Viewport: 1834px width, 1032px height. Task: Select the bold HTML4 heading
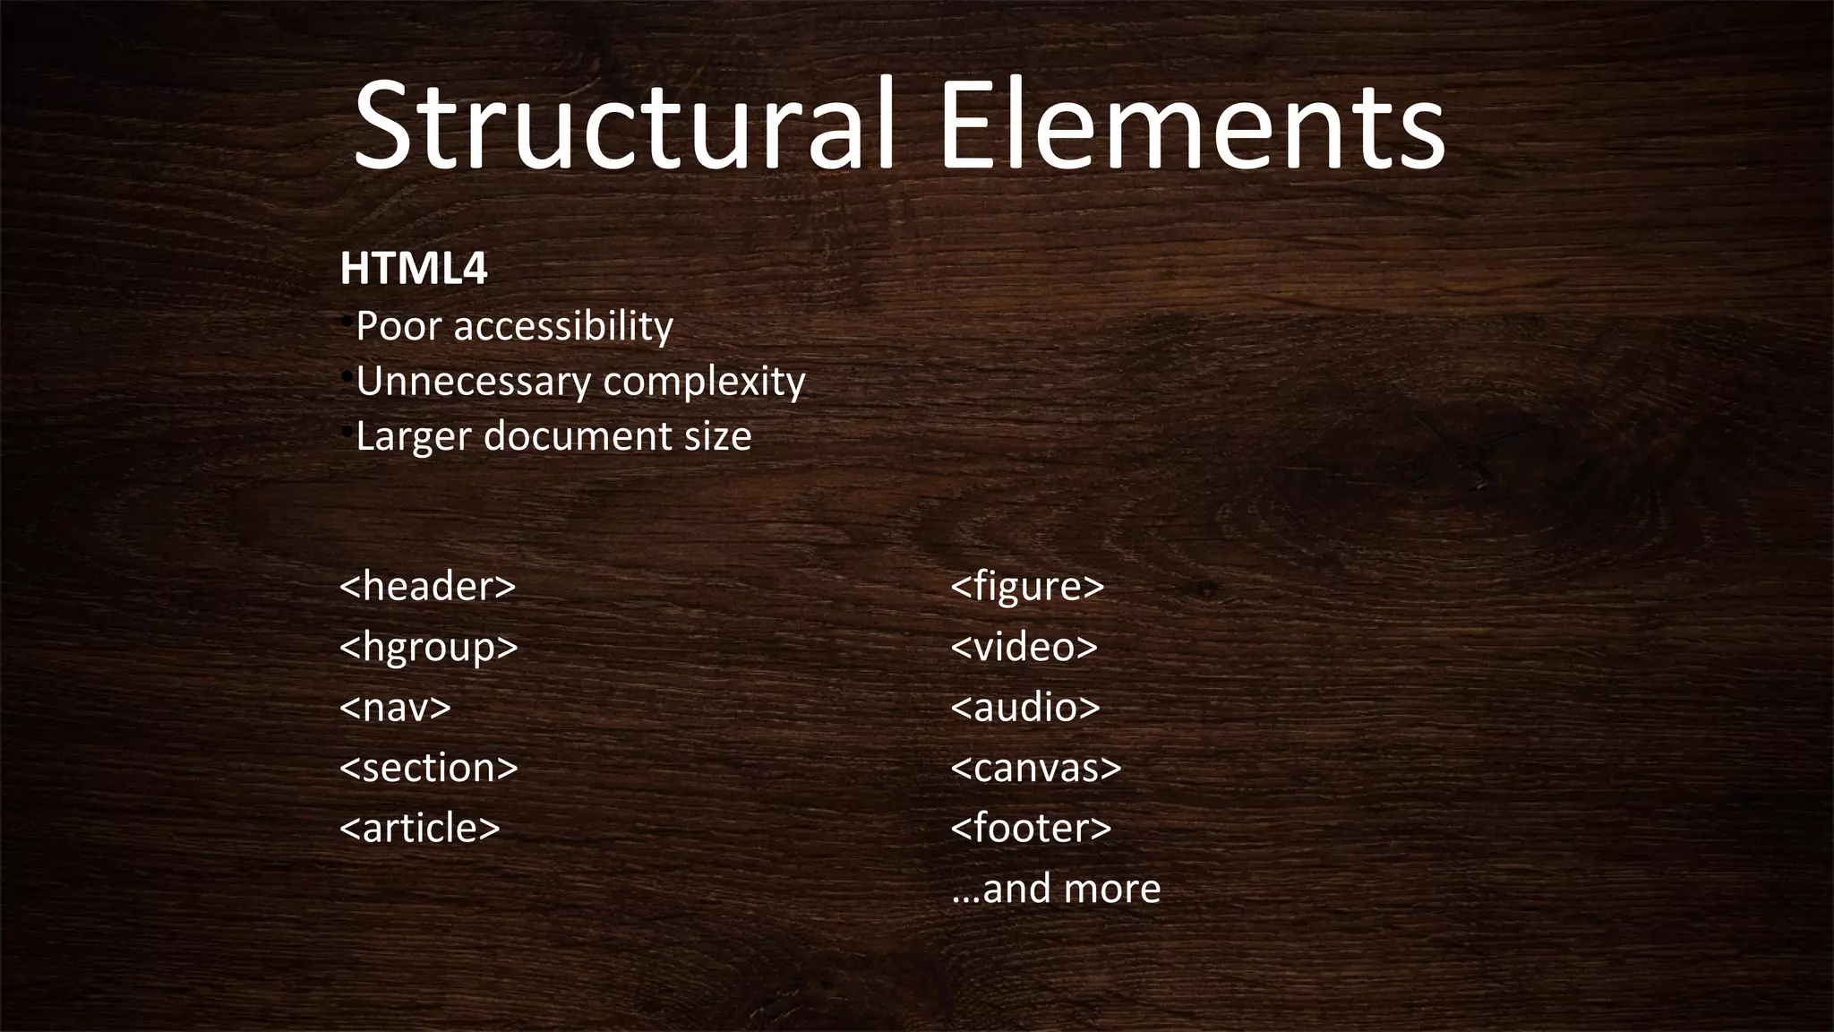click(414, 269)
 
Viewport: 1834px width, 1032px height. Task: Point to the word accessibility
click(563, 326)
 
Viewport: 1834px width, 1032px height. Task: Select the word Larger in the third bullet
click(413, 436)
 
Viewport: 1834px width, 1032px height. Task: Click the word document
click(578, 436)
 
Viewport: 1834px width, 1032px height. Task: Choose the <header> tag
click(428, 587)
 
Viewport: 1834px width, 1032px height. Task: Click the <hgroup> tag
click(429, 647)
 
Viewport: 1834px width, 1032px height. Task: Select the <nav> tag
click(395, 708)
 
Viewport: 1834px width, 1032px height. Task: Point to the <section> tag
click(429, 768)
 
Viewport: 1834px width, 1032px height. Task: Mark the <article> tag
click(420, 828)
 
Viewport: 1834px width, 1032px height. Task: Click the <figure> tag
click(1027, 587)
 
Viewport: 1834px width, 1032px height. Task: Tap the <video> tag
click(1024, 647)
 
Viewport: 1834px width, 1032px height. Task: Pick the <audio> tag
click(1025, 708)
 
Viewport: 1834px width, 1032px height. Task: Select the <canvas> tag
click(1036, 768)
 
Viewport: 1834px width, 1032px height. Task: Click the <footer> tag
click(1031, 828)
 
